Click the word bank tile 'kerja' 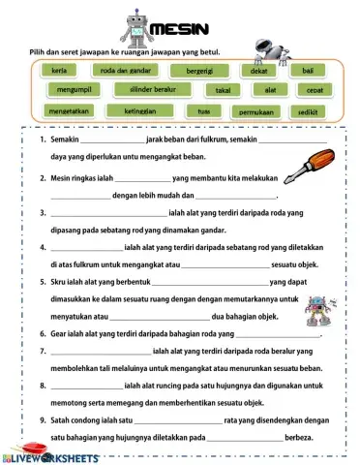(x=58, y=71)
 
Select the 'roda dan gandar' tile (x=125, y=71)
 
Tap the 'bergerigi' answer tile (x=198, y=72)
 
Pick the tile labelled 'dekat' (x=258, y=72)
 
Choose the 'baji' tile (x=308, y=71)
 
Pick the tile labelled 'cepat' (x=315, y=90)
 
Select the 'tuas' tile (x=203, y=111)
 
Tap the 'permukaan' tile (x=255, y=112)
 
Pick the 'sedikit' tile (x=310, y=111)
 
